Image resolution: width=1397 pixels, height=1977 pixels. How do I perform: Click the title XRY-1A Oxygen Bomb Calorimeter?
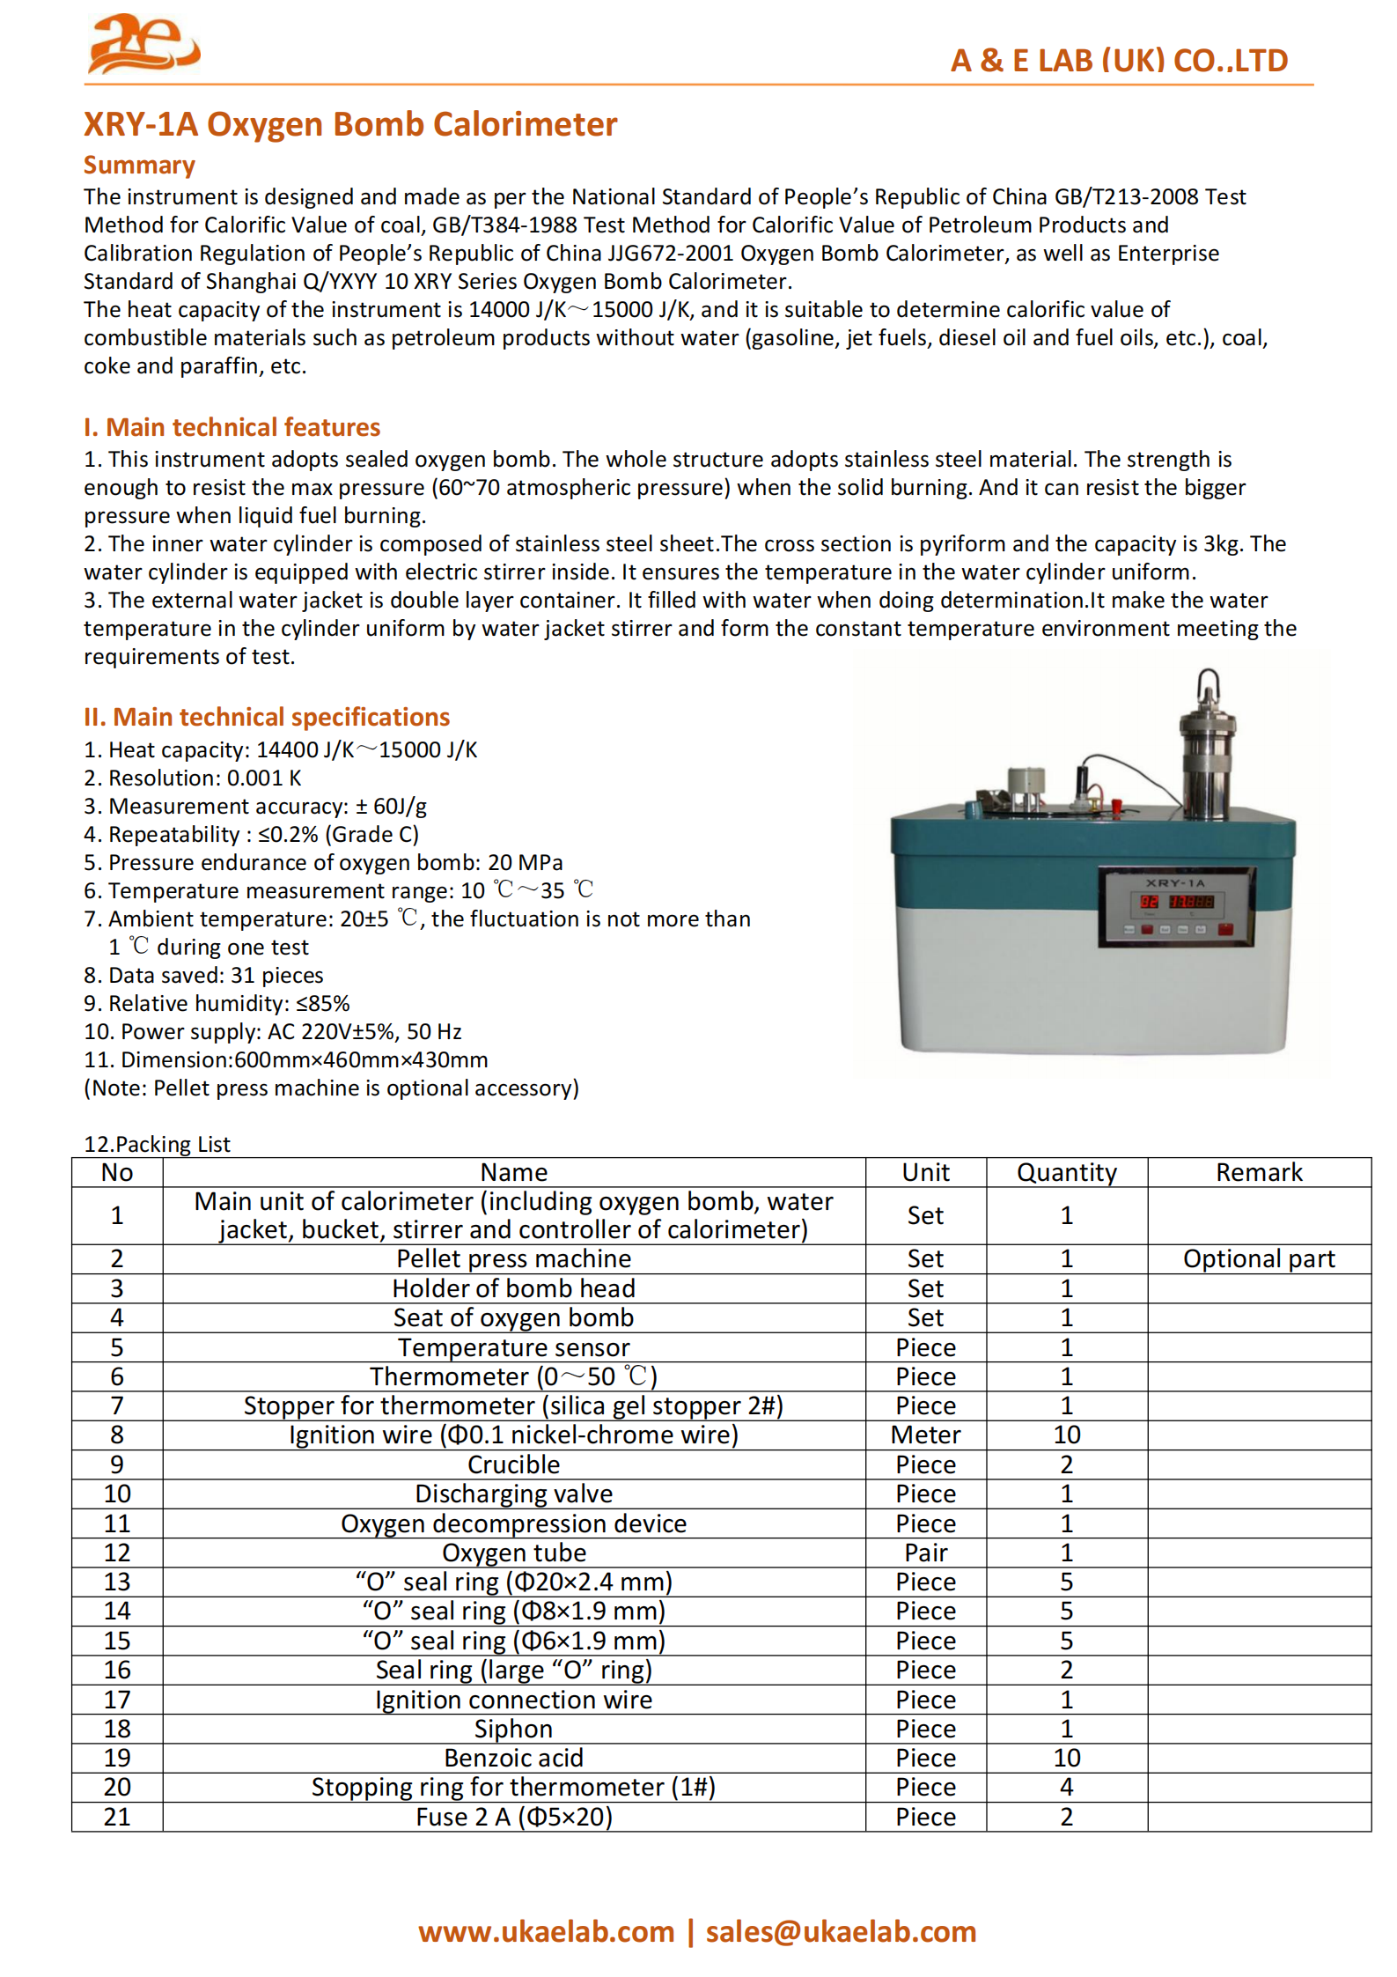(349, 124)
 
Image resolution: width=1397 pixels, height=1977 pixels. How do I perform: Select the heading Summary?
(139, 165)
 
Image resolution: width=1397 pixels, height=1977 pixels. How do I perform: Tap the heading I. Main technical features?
(232, 427)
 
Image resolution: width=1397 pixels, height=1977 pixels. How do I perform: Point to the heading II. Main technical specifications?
(266, 717)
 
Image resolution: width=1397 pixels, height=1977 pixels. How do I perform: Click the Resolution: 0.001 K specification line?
(192, 778)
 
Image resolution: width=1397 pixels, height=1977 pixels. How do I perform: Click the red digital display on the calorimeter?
(1176, 902)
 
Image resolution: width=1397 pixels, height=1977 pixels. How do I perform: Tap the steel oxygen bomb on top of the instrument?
(1207, 749)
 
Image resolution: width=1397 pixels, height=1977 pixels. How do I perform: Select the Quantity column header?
(1066, 1172)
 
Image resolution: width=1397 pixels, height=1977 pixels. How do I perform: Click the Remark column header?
(1258, 1172)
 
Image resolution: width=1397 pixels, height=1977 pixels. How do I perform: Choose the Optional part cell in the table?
(1258, 1258)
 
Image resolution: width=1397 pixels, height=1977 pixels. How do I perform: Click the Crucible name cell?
(513, 1464)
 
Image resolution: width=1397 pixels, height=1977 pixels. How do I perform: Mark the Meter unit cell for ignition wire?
(925, 1435)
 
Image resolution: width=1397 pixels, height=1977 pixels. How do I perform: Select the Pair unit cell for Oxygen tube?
(925, 1553)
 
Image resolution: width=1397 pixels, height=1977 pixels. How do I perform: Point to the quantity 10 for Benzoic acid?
(1066, 1758)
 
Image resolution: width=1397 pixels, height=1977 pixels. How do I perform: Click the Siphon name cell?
(513, 1729)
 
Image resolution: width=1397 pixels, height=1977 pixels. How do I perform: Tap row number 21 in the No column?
(117, 1817)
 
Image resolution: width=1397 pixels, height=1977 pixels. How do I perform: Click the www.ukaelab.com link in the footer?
(546, 1931)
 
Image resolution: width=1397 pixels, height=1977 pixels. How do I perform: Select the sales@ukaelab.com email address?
(841, 1931)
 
